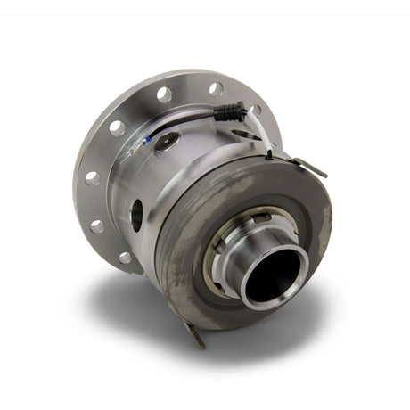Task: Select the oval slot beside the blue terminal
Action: [166, 140]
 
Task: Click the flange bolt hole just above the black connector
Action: [216, 89]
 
